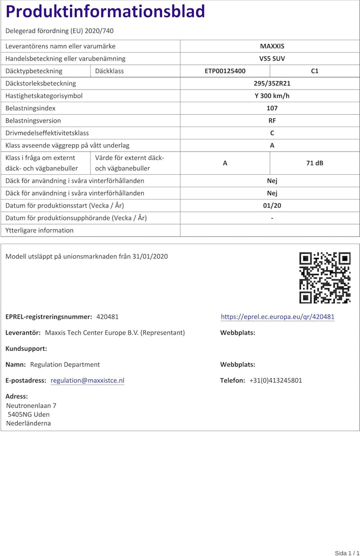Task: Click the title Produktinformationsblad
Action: point(105,12)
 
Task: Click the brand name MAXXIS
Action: point(272,46)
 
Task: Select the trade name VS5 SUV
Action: point(272,59)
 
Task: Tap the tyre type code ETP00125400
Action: point(225,71)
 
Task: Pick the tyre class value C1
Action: point(314,71)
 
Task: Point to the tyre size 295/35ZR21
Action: point(272,84)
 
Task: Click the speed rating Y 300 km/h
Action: point(272,96)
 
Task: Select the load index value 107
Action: point(272,108)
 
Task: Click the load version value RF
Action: point(272,121)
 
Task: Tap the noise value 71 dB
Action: point(314,163)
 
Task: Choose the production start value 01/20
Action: point(272,206)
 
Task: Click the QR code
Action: point(324,278)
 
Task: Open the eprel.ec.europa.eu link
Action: point(277,317)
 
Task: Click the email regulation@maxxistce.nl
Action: point(87,380)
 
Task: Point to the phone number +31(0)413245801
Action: point(275,380)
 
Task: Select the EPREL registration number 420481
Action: point(107,317)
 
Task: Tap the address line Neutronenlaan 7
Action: point(31,405)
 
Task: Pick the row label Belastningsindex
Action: point(30,108)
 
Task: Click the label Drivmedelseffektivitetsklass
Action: point(47,133)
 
